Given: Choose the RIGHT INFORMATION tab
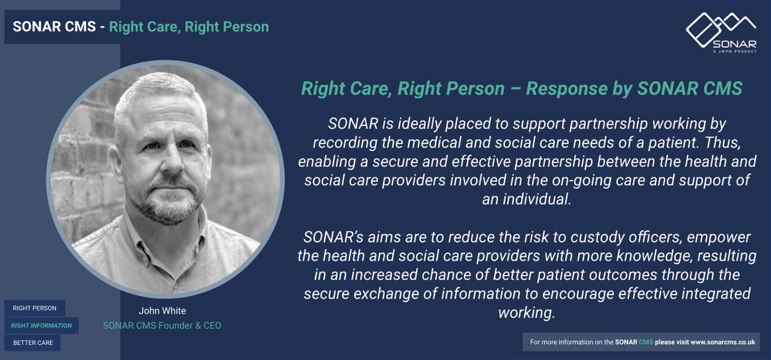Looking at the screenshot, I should click(42, 325).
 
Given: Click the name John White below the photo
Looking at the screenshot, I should click(161, 312).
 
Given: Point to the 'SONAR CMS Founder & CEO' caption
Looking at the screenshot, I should click(162, 326).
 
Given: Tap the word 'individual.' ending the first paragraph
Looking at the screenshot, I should click(526, 199).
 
